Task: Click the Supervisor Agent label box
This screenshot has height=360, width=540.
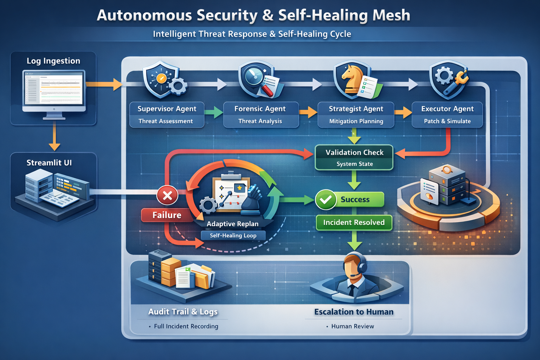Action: (167, 115)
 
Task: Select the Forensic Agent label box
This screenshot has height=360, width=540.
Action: (261, 115)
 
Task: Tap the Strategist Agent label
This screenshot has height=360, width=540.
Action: (356, 109)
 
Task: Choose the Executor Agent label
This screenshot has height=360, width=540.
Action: (447, 109)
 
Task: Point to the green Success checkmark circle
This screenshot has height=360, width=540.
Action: (326, 200)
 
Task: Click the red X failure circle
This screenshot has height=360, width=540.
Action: (167, 195)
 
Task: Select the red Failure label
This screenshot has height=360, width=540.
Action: (167, 215)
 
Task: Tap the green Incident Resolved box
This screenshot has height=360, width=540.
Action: (354, 223)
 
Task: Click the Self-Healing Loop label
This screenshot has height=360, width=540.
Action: (233, 236)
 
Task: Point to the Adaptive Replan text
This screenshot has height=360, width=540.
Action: (232, 224)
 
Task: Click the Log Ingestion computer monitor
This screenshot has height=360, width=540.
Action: (54, 90)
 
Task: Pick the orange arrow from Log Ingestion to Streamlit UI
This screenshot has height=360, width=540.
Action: (54, 138)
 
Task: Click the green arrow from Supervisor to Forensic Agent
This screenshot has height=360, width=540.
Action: (213, 112)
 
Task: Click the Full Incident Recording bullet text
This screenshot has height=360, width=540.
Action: (186, 326)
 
